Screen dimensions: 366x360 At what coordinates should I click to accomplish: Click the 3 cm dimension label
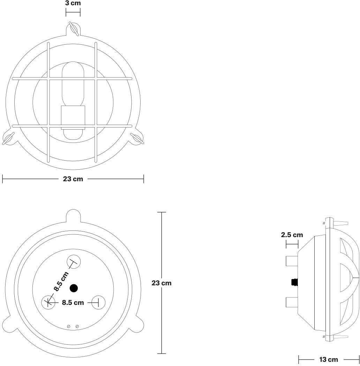coord(73,3)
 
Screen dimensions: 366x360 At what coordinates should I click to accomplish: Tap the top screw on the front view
coord(74,29)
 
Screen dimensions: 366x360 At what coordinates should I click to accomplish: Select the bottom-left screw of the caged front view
coord(8,138)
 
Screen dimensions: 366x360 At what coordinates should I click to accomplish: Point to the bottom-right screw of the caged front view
coord(137,138)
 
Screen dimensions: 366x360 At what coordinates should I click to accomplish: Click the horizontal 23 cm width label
coord(73,179)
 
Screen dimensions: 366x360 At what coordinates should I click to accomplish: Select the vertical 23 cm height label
coord(162,283)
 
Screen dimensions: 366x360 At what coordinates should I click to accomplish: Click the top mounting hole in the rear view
coord(73,262)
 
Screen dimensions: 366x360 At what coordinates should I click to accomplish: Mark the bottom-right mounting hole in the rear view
coord(98,302)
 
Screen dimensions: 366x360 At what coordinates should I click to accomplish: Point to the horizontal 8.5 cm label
coord(73,302)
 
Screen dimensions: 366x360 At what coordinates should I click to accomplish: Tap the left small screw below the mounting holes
coord(69,327)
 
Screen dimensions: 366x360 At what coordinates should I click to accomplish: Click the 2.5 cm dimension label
coord(292,235)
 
